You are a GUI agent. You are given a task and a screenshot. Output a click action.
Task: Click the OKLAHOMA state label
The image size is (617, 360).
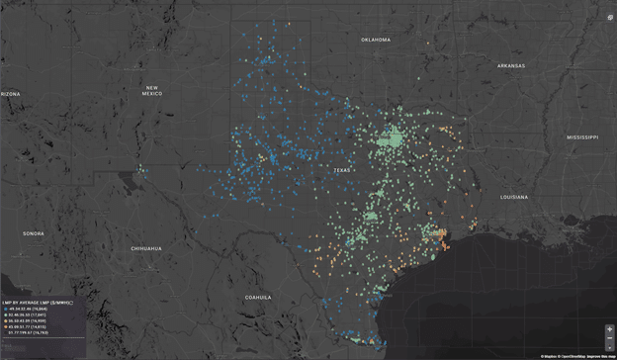point(375,40)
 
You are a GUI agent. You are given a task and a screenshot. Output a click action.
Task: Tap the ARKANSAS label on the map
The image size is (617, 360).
point(510,65)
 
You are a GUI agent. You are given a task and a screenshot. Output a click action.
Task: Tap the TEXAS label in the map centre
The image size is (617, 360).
point(341,171)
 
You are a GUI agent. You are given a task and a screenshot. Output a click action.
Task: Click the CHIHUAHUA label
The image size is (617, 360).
point(144,248)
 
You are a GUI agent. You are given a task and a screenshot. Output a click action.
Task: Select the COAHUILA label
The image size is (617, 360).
point(258,296)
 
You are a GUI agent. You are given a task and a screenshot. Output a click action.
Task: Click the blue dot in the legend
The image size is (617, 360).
point(5,311)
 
